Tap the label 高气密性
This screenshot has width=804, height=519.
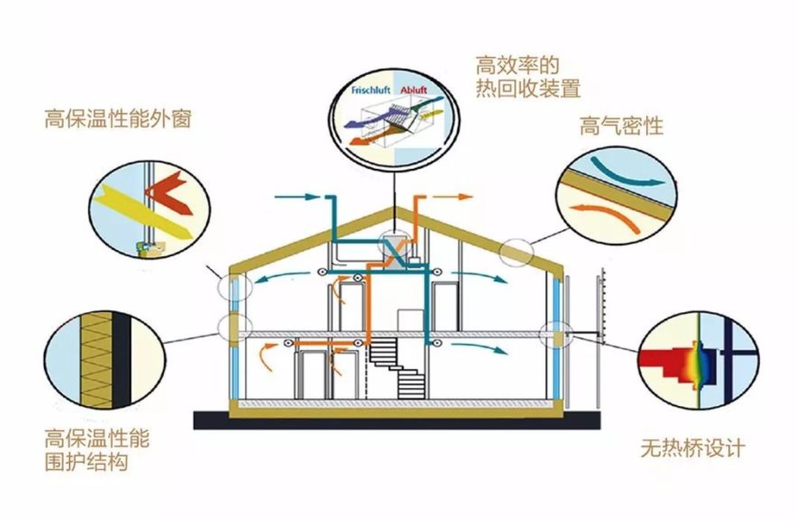point(621,127)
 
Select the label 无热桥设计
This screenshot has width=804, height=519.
point(692,449)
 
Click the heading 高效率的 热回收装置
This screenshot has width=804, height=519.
point(527,77)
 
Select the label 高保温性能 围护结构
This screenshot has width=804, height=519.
point(97,449)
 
